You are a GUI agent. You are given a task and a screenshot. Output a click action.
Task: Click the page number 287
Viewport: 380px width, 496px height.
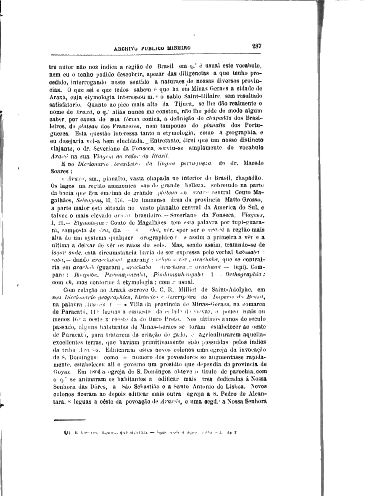point(257,46)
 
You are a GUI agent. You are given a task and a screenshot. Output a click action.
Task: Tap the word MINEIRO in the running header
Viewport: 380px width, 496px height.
point(179,48)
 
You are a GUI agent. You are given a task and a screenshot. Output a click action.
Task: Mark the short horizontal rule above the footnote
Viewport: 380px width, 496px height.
point(70,419)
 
